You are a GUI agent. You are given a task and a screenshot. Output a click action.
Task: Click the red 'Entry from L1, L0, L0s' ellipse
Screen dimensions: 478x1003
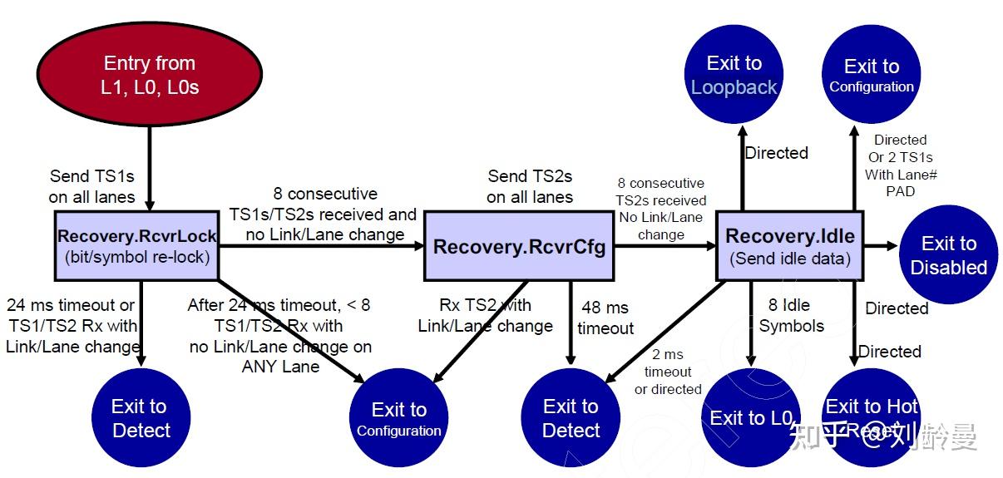coord(150,75)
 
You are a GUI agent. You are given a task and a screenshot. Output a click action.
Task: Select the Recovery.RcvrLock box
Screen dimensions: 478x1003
coord(138,246)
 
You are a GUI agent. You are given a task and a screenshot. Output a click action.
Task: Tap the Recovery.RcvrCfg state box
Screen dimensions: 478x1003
coord(520,246)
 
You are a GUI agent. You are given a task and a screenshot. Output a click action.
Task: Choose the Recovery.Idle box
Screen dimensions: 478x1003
coord(790,246)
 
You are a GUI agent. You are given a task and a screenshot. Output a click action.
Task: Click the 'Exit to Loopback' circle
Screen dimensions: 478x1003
coord(734,76)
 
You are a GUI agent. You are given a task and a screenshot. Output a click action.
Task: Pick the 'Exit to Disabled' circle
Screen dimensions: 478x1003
coord(949,255)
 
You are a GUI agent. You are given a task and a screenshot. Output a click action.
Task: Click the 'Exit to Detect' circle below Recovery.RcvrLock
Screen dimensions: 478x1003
coord(141,417)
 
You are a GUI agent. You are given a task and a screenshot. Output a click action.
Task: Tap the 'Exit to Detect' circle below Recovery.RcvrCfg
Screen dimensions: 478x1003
coord(571,417)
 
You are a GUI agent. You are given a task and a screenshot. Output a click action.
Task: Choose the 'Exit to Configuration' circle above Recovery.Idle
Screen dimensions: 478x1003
coord(872,76)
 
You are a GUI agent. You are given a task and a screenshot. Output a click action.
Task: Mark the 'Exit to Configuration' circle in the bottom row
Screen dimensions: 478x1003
coord(399,418)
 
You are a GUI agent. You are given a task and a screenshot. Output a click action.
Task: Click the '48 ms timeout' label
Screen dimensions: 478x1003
coord(605,318)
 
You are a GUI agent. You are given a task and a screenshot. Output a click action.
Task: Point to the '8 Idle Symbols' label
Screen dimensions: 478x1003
coord(791,316)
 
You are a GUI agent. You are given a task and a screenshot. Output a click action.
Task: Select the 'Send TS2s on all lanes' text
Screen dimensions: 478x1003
coord(530,186)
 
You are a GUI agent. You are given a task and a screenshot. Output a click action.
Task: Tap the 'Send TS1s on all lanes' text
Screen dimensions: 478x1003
coord(91,186)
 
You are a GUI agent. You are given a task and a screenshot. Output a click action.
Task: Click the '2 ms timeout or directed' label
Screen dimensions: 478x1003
coord(668,372)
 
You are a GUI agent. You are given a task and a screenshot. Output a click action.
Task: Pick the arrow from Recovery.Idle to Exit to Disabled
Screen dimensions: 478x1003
coord(881,246)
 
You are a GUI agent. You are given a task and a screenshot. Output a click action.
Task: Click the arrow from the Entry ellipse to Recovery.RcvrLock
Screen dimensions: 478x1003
coord(151,166)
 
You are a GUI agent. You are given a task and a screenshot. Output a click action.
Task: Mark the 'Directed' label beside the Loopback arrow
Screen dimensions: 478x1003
coord(776,153)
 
